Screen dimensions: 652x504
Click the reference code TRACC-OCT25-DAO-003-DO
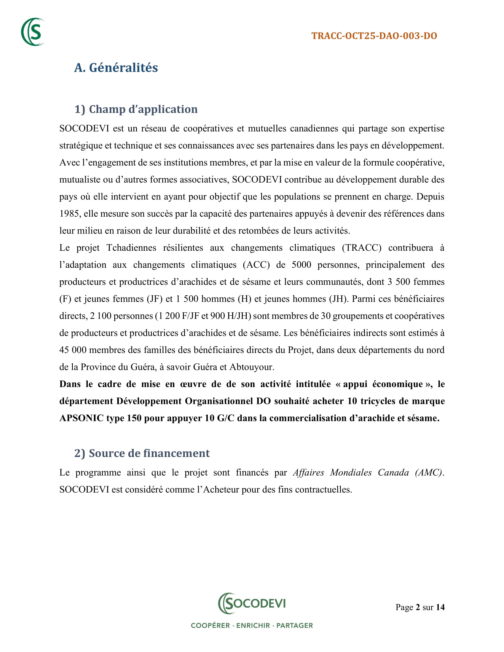tap(374, 36)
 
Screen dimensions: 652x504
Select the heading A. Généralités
tap(116, 68)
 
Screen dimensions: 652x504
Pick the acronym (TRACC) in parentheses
tap(362, 248)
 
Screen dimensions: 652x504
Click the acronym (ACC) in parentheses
tap(256, 265)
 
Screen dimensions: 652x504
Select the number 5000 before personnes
tap(301, 265)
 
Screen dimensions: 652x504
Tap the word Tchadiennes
tap(131, 248)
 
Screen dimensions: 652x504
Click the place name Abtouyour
tap(251, 367)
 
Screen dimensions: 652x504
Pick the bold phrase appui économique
tap(383, 384)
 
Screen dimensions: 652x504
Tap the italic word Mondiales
tap(351, 473)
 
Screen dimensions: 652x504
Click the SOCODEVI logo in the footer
tap(252, 603)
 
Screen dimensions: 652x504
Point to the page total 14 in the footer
tap(440, 607)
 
